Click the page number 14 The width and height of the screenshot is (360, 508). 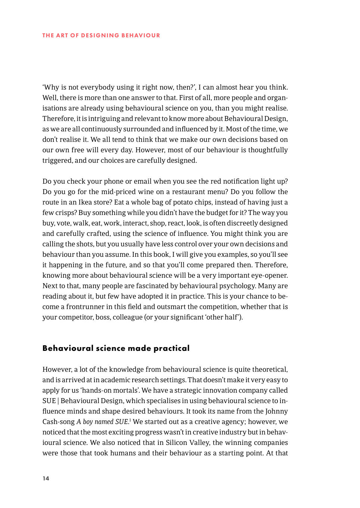46,478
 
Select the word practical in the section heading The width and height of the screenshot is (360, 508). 171,348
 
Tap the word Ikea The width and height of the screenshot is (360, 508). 85,202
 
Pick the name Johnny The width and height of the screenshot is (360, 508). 276,411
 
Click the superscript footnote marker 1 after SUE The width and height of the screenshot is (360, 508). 130,420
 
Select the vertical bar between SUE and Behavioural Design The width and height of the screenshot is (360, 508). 58,401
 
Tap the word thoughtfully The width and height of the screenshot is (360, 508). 268,150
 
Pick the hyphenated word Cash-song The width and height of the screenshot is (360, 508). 59,421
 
